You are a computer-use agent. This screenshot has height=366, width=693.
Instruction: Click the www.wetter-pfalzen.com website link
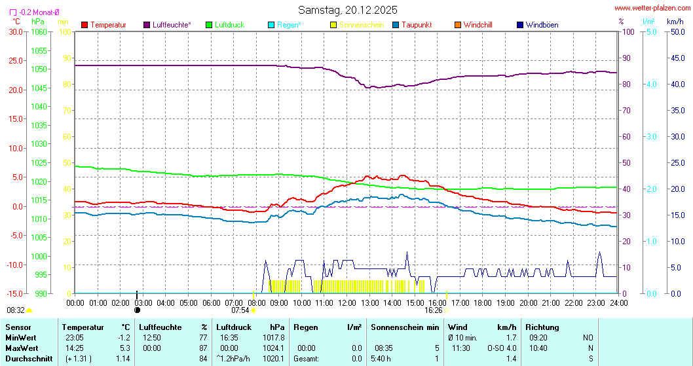coord(652,8)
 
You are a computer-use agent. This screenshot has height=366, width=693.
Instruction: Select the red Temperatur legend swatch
coord(84,25)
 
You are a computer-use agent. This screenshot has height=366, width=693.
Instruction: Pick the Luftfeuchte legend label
coord(172,25)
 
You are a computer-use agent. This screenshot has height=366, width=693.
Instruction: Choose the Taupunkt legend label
coord(417,25)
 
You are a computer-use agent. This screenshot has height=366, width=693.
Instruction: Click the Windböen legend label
coord(542,25)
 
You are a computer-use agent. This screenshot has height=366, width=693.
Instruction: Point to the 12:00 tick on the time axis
coord(347,302)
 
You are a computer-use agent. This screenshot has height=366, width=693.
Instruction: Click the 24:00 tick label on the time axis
coord(618,302)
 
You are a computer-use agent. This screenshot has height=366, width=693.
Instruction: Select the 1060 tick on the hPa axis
coord(39,31)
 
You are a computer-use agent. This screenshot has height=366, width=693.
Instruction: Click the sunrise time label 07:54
coord(240,310)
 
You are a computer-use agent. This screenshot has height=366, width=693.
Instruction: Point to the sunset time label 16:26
coord(433,310)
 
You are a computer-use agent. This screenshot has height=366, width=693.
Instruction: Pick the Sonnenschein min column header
coord(405,327)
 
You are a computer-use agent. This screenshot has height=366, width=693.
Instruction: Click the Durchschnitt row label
coord(27,358)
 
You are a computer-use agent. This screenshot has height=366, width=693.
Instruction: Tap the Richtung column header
coord(542,327)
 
